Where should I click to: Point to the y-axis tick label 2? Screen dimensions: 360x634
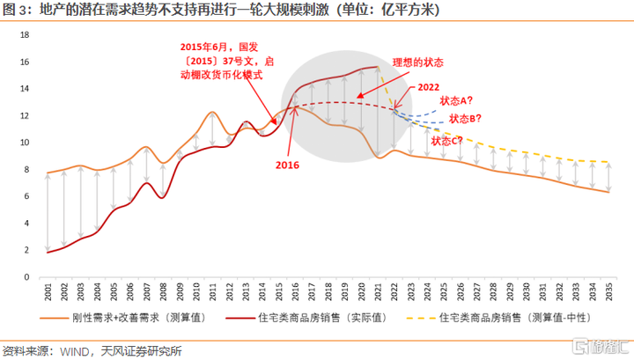(x=26, y=250)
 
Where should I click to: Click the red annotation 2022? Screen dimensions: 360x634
(x=431, y=88)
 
